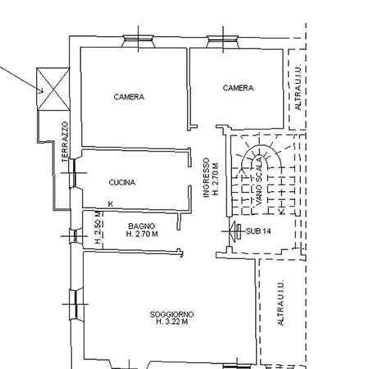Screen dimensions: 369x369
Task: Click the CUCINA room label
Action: point(122,182)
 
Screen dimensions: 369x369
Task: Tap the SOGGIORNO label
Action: point(171,314)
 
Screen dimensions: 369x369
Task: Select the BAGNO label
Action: point(142,226)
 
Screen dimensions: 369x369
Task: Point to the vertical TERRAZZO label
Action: point(65,142)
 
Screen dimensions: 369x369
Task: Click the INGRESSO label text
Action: point(207,177)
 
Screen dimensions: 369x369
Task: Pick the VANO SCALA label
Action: point(259,181)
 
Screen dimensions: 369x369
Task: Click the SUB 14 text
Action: point(258,231)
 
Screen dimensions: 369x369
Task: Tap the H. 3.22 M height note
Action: point(172,321)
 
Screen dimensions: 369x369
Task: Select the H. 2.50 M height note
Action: point(98,227)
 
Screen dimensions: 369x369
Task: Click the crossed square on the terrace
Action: point(53,89)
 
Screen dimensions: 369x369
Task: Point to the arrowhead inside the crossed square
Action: point(41,91)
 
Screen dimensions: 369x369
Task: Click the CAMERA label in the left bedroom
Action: point(129,97)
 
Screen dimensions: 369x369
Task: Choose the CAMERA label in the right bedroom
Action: point(238,88)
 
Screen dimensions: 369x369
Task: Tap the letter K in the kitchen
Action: point(111,204)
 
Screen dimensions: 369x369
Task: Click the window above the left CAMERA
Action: point(138,42)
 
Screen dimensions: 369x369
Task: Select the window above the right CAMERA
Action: point(223,42)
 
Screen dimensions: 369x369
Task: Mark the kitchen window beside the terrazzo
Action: point(75,173)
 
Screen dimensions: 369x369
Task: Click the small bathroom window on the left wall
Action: point(75,236)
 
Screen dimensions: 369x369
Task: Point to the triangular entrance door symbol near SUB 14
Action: point(233,231)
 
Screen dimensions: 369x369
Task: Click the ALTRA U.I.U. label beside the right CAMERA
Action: point(298,87)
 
